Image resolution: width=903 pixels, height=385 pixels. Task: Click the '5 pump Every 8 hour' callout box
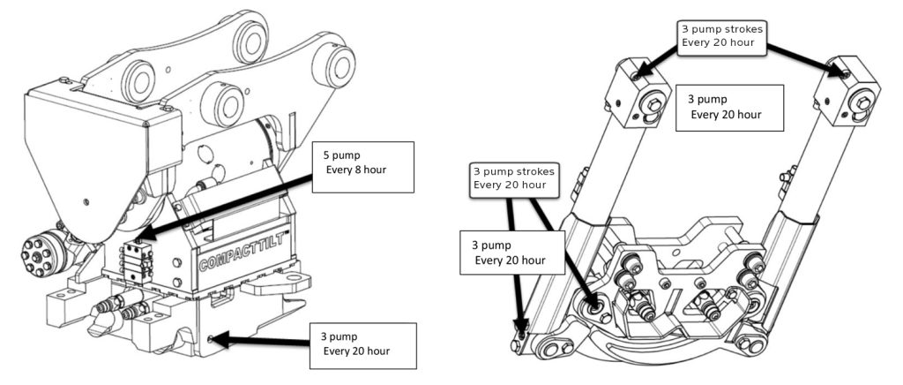tap(364, 167)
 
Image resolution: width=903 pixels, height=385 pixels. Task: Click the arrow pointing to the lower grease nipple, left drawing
tap(261, 341)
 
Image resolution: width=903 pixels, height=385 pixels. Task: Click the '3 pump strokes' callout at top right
tap(723, 35)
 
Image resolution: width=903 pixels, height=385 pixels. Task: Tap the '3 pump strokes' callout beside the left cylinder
tap(514, 178)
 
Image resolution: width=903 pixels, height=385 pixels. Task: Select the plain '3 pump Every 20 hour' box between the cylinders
tap(729, 108)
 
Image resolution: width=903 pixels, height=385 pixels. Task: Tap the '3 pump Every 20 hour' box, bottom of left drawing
tap(362, 345)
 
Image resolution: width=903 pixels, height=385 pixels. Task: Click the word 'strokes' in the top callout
tap(746, 29)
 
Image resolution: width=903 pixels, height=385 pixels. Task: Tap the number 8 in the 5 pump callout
tap(364, 170)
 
